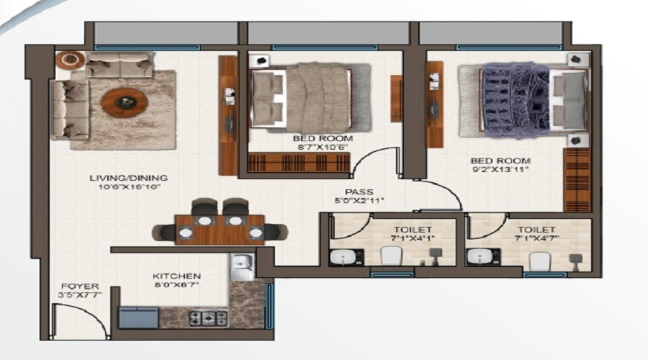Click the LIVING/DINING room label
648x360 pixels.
coord(129,178)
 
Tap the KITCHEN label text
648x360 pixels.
coord(177,276)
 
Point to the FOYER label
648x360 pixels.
coord(80,286)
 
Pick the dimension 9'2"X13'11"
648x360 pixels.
coord(500,171)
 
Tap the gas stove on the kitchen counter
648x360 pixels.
coord(207,317)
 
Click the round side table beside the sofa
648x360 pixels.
coord(71,60)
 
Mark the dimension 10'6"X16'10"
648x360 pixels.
coord(129,186)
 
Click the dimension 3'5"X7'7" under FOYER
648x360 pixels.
coord(80,294)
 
